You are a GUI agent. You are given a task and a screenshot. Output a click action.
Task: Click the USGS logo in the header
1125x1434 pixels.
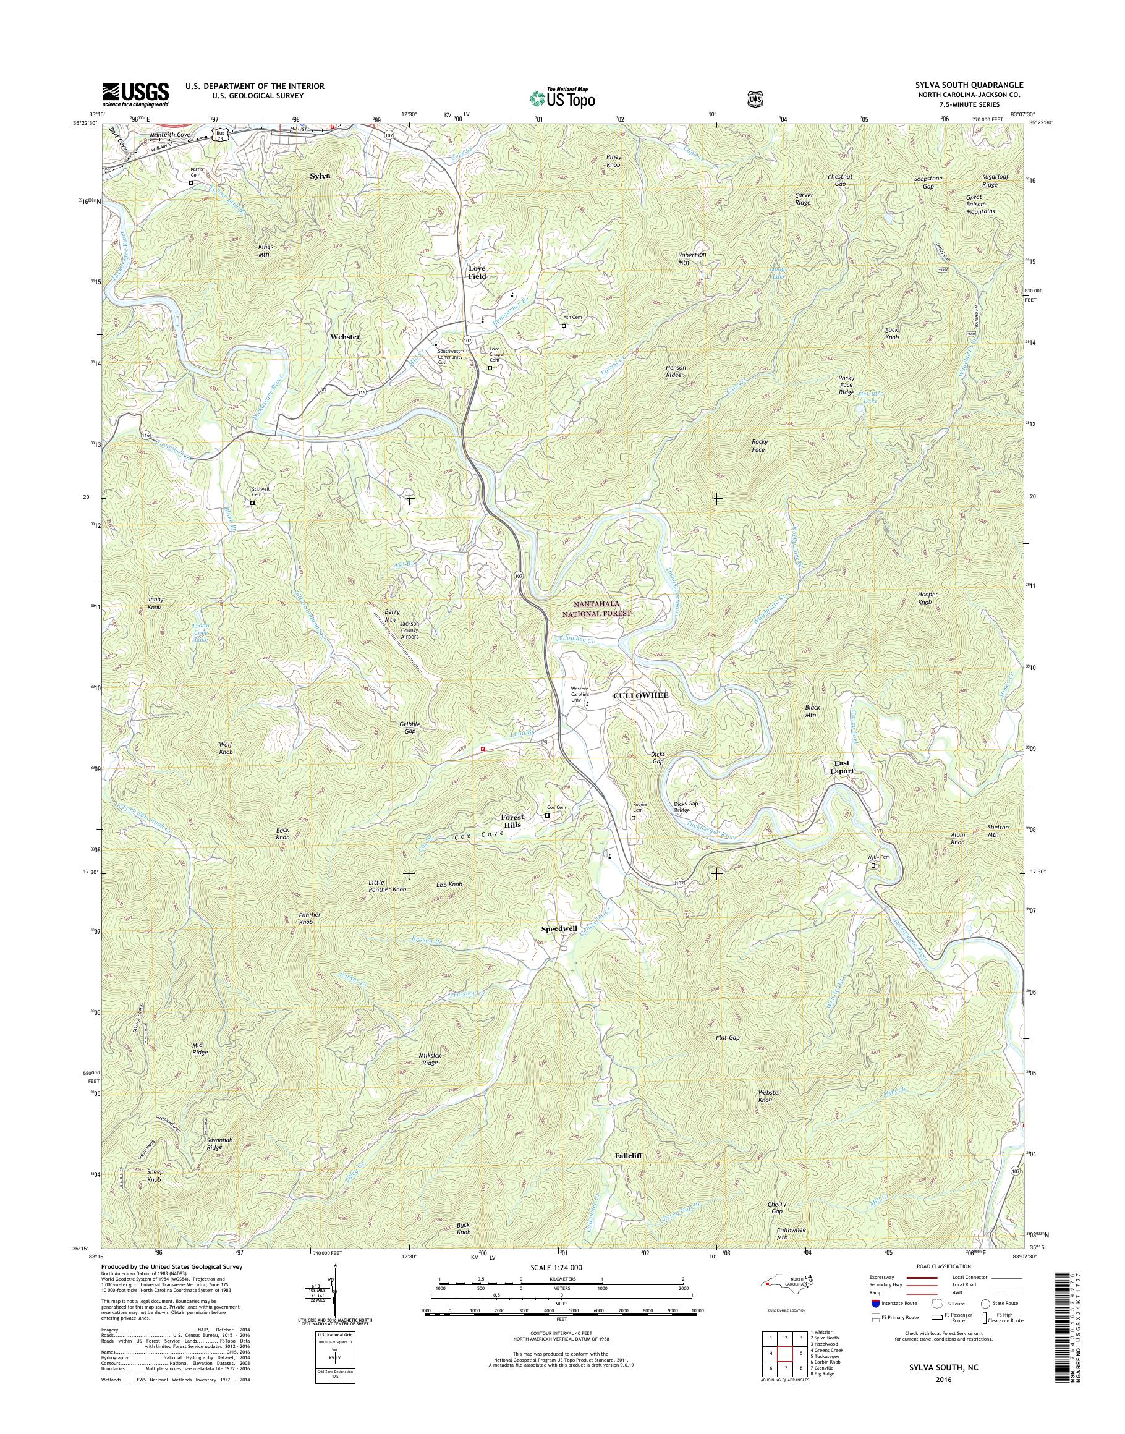click(135, 94)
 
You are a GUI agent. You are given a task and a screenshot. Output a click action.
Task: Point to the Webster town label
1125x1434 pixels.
click(345, 337)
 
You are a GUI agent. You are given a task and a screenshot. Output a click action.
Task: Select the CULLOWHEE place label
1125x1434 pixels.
click(636, 695)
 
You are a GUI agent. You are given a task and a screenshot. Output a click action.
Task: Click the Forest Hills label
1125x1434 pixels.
click(511, 821)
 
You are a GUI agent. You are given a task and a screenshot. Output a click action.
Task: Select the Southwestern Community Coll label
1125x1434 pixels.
click(453, 357)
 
